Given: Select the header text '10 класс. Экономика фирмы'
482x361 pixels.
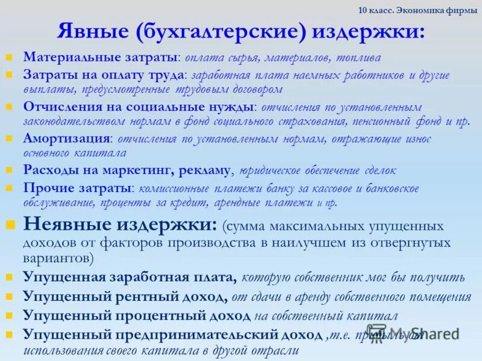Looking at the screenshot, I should tap(417, 11).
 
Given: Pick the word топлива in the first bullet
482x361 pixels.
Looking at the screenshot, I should tap(360, 58).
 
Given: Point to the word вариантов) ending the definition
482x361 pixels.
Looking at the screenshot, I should tap(58, 258).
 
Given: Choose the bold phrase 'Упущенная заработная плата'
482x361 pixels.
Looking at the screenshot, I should tap(129, 277).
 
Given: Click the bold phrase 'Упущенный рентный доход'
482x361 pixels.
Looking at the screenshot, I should tap(124, 297).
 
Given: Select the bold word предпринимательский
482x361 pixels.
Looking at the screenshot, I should tap(192, 335).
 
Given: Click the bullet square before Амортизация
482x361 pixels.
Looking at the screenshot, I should tap(9, 139).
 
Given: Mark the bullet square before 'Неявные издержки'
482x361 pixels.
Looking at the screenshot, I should tap(10, 225).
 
